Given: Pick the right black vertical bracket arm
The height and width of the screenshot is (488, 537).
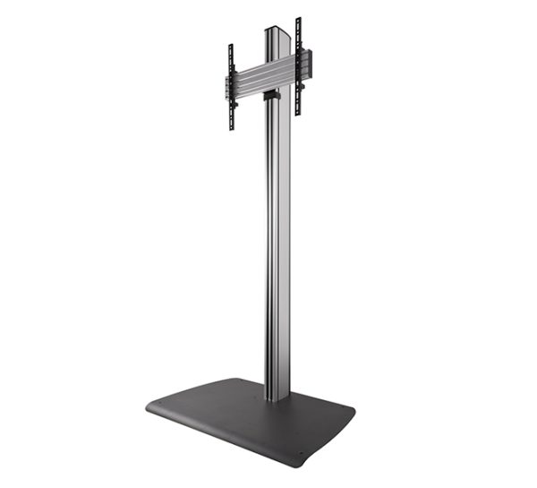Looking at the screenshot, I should pos(299,66).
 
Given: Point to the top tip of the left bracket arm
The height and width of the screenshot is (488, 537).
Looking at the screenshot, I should pos(231,46).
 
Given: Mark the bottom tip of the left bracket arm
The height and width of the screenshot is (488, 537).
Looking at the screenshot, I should pos(231,129).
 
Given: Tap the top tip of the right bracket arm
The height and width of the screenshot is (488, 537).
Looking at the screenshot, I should pos(299,20).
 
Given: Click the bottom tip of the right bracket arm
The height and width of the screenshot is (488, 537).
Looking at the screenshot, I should pos(299,114).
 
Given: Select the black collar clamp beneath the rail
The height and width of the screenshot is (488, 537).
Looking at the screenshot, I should pos(272,93).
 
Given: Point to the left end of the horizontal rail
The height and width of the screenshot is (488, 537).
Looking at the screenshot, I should pos(227,87).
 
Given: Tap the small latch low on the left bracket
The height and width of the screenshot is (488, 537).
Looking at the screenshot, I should pos(235,106).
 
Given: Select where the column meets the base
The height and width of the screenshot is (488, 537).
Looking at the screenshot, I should pos(277,396).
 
